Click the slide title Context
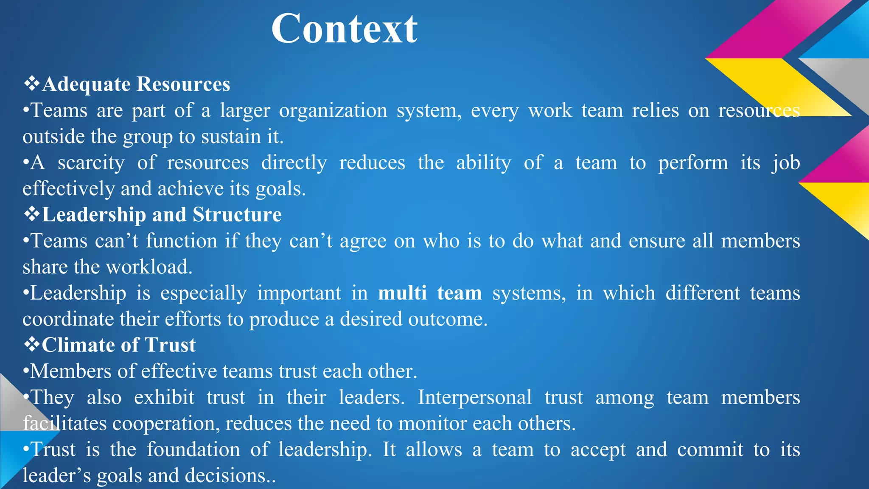coord(344,29)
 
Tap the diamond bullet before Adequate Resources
coord(31,84)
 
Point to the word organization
coord(333,111)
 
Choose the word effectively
coord(68,189)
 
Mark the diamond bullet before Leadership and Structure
coord(31,214)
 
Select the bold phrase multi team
coord(430,293)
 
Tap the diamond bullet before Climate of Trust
coord(31,344)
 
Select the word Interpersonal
coord(474,398)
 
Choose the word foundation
coord(193,450)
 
